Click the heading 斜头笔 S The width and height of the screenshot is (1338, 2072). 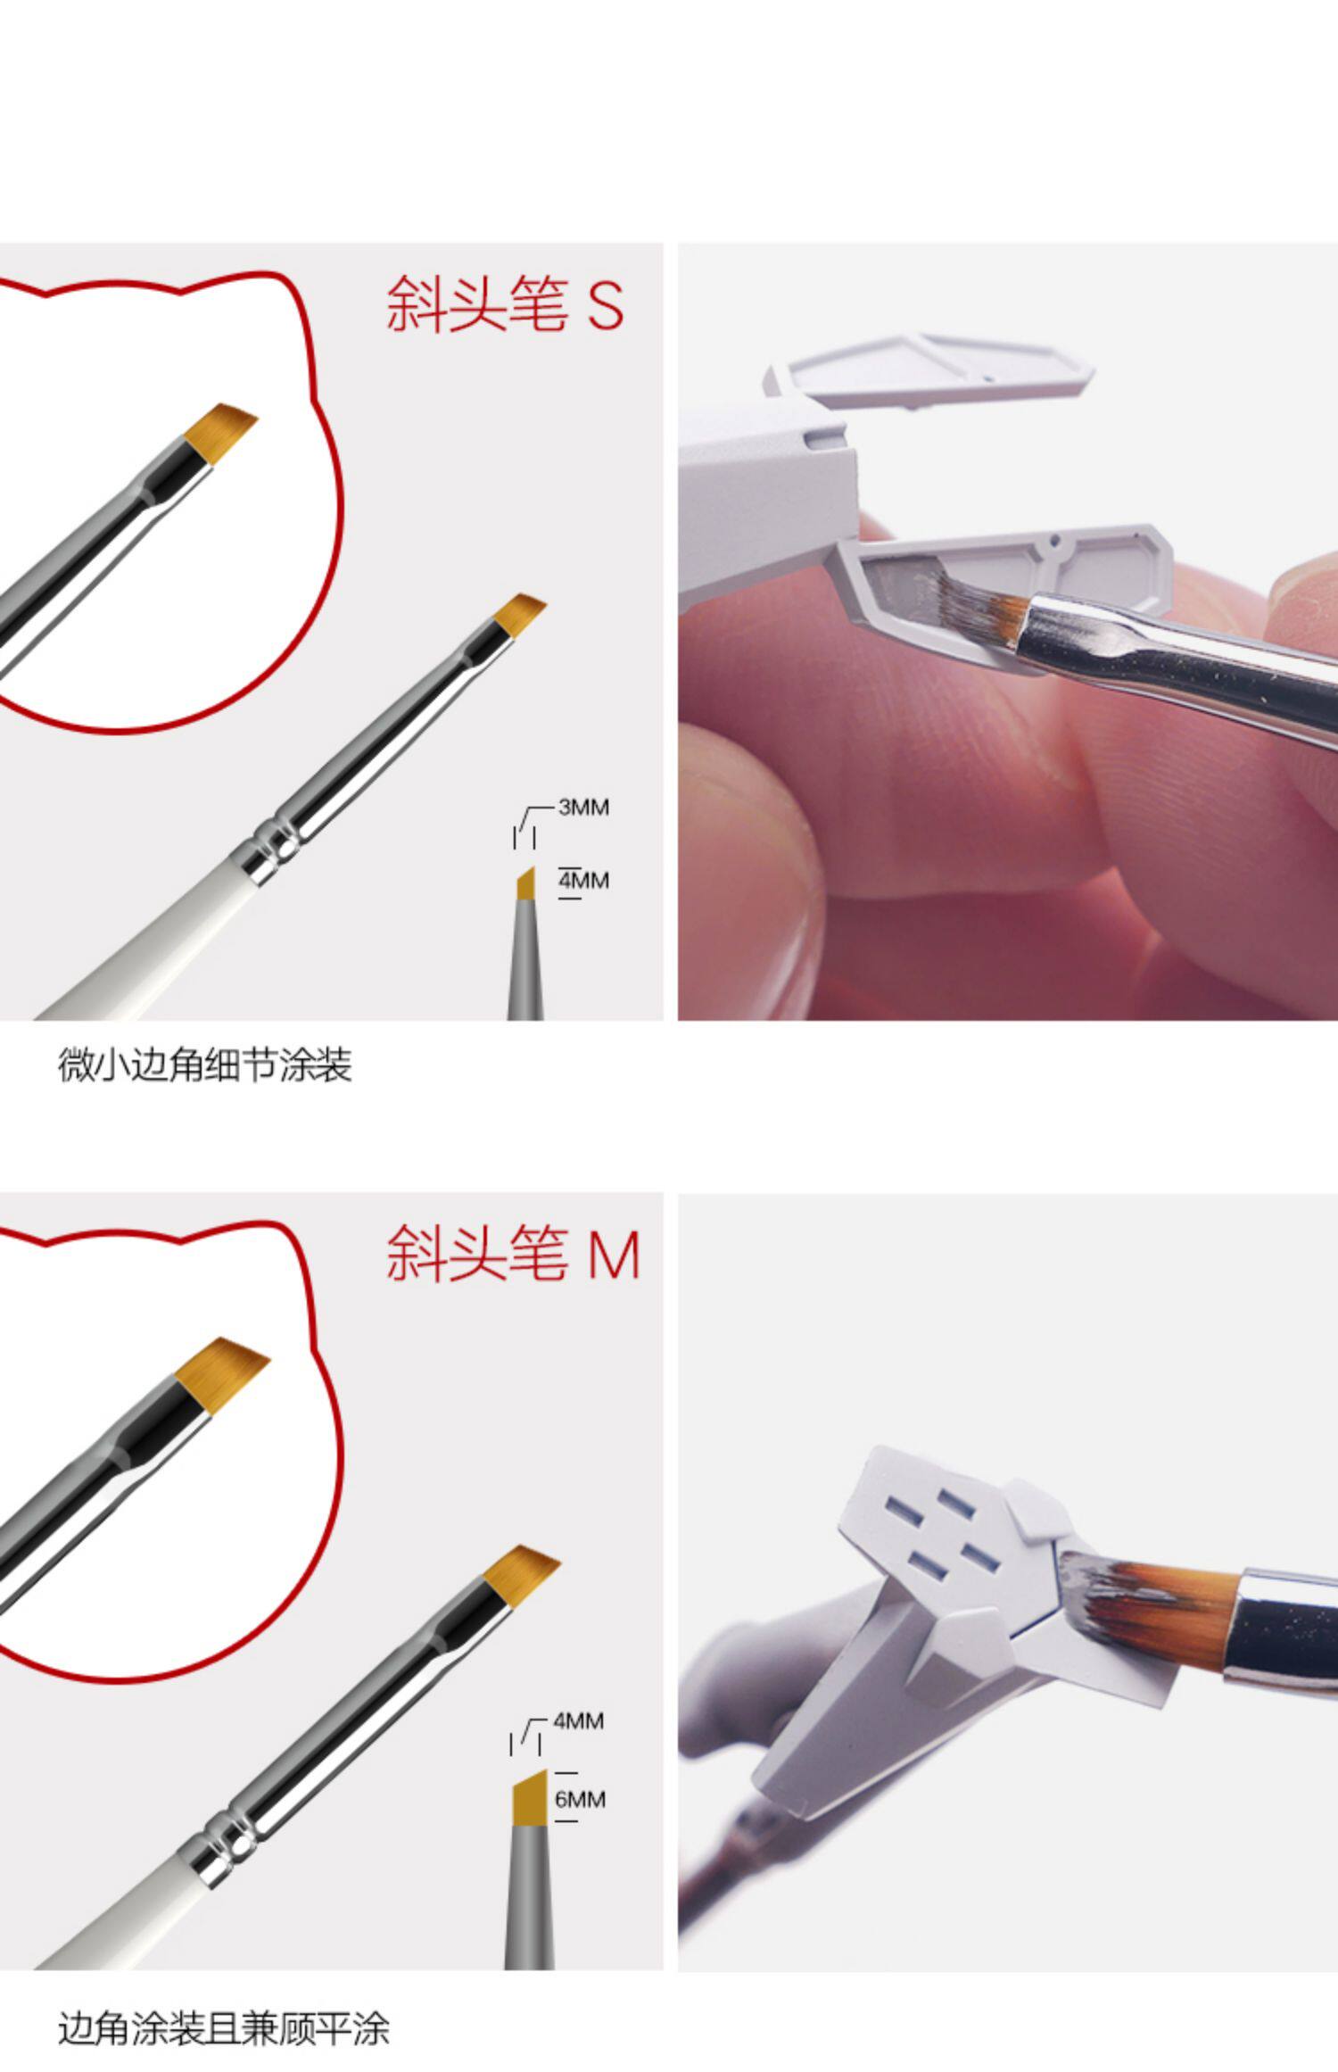(x=504, y=304)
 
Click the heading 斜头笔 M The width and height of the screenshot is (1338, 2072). (x=513, y=1253)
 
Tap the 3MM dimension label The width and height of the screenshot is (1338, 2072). (x=583, y=807)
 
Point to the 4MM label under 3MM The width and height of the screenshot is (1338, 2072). (x=583, y=881)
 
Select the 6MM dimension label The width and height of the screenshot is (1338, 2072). (x=580, y=1799)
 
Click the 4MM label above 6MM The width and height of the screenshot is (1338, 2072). (x=578, y=1720)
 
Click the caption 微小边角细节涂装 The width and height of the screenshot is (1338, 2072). (x=205, y=1065)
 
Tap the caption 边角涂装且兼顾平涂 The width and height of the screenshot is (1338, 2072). (x=224, y=2027)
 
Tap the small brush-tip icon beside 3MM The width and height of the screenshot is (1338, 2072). (x=526, y=883)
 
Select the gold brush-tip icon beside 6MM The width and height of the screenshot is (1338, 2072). (x=529, y=1798)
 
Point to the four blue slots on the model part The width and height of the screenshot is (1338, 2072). (x=941, y=1530)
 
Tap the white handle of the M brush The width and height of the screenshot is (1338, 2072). (x=116, y=1919)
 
